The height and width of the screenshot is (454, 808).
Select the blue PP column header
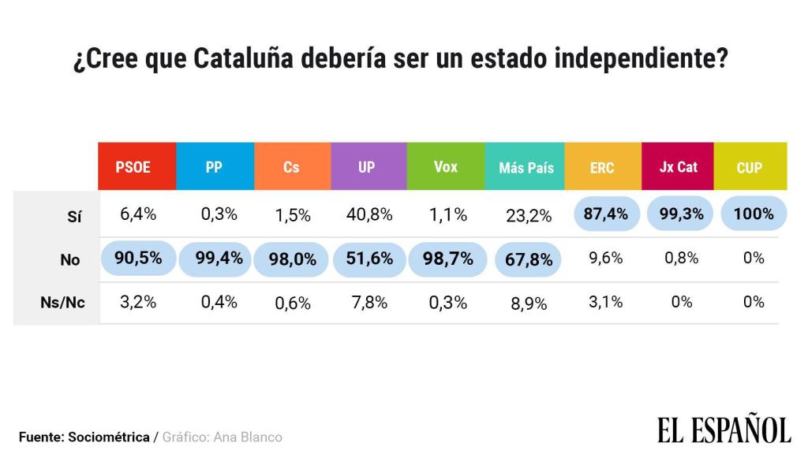click(215, 167)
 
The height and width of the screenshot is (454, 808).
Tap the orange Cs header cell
click(292, 167)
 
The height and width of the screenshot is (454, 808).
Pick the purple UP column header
click(368, 167)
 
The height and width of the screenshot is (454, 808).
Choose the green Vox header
click(446, 167)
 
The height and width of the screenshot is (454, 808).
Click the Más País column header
click(526, 167)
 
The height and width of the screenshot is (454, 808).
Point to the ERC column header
click(602, 167)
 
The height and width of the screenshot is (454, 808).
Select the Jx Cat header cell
click(678, 167)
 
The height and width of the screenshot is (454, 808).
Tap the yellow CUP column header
click(750, 167)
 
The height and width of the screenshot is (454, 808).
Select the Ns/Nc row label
click(62, 303)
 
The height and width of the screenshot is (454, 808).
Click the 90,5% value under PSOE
click(138, 259)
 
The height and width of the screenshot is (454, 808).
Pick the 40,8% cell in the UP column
click(368, 215)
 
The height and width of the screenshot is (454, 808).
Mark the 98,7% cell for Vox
click(447, 259)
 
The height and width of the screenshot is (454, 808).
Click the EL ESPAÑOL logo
click(724, 430)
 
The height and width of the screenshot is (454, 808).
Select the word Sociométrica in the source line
click(109, 437)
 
